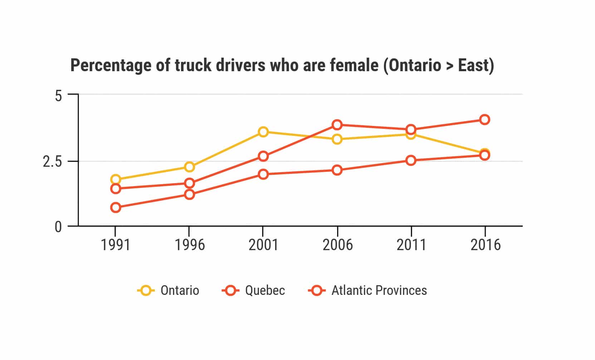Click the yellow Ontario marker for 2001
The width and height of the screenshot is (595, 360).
pyautogui.click(x=263, y=132)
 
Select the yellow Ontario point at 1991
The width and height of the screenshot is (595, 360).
pyautogui.click(x=116, y=179)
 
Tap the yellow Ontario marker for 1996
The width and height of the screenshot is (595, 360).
pyautogui.click(x=190, y=167)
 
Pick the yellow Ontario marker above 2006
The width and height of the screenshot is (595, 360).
pyautogui.click(x=337, y=139)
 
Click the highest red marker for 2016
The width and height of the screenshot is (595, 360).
pyautogui.click(x=485, y=120)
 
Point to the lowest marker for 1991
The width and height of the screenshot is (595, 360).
pyautogui.click(x=116, y=208)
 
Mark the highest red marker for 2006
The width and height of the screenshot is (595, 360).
pyautogui.click(x=337, y=125)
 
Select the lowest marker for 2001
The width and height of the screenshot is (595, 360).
pyautogui.click(x=263, y=174)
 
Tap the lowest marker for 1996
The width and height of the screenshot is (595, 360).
pyautogui.click(x=190, y=194)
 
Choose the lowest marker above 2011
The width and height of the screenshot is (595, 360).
pyautogui.click(x=411, y=160)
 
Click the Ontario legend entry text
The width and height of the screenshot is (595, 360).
pyautogui.click(x=180, y=290)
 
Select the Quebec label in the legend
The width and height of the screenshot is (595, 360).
pyautogui.click(x=265, y=290)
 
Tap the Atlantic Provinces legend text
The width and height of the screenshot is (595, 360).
pyautogui.click(x=379, y=290)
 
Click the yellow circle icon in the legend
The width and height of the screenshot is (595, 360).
pyautogui.click(x=146, y=290)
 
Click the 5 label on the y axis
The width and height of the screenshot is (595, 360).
pyautogui.click(x=58, y=96)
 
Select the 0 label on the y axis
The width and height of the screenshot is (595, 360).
pyautogui.click(x=58, y=227)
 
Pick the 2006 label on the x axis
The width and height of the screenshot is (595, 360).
pyautogui.click(x=337, y=245)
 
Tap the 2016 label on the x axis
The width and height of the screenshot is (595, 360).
pyautogui.click(x=485, y=245)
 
